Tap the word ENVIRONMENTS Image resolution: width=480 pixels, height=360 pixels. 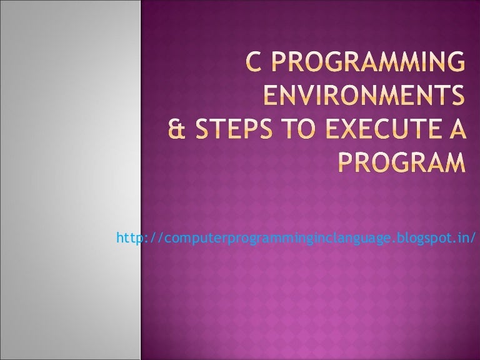coord(364,97)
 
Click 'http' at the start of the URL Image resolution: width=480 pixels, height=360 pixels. coord(127,237)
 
